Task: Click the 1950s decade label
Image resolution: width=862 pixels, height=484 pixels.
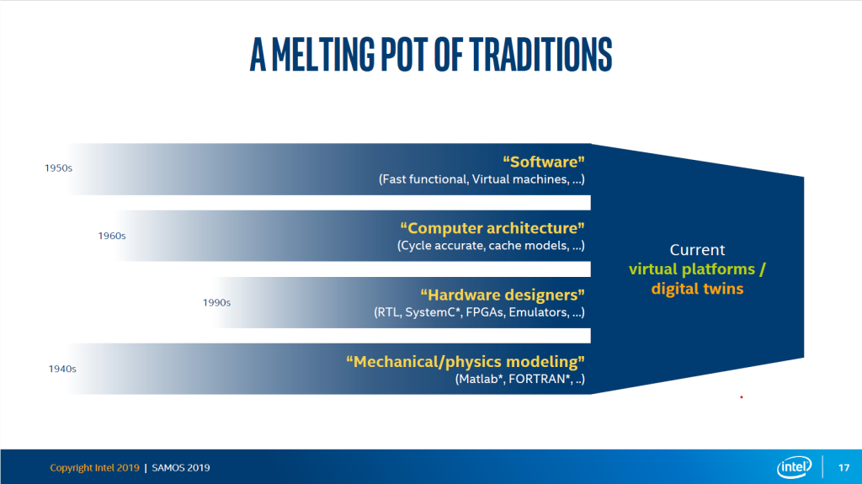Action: point(58,168)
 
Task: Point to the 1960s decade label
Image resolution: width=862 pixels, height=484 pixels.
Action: point(112,236)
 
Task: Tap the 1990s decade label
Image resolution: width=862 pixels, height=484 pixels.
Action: point(216,302)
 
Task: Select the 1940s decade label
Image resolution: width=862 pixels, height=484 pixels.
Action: point(62,369)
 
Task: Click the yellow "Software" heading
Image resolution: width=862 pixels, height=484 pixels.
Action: point(544,162)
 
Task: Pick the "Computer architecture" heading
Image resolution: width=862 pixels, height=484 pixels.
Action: point(492,228)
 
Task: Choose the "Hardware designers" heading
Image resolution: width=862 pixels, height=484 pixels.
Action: point(503,295)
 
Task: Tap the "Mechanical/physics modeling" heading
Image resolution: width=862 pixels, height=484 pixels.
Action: point(465,361)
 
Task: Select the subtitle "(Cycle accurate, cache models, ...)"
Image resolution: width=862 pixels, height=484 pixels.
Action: point(491,245)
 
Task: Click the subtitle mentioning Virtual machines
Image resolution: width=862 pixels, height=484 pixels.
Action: point(482,178)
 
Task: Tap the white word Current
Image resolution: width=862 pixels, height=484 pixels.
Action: point(697,250)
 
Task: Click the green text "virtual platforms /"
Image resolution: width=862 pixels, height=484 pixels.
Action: point(697,269)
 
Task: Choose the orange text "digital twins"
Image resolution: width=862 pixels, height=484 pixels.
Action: point(697,289)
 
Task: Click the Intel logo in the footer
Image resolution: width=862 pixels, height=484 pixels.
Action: point(795,467)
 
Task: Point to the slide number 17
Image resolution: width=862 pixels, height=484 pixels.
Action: point(843,467)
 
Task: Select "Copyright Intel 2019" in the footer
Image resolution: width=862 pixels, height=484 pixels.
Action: point(94,467)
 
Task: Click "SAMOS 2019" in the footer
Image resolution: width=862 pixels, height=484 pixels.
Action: point(181,467)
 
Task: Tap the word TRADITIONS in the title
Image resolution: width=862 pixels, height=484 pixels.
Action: point(541,55)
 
